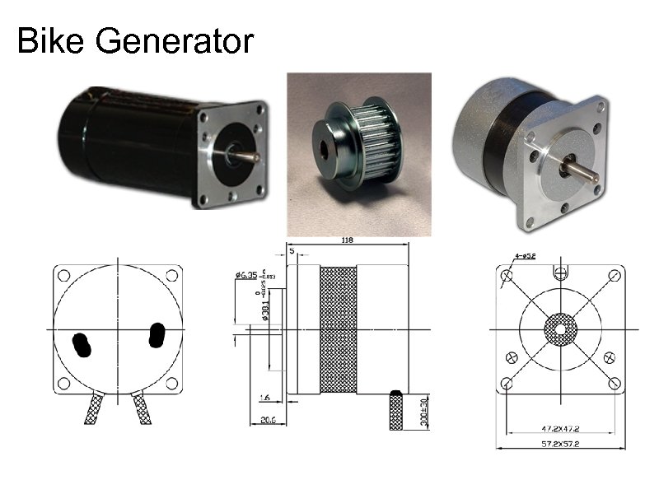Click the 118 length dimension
point(348,240)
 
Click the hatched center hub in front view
point(560,329)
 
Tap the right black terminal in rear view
point(154,335)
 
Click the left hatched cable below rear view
point(93,408)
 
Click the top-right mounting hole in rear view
point(172,276)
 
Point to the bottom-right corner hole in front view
point(614,384)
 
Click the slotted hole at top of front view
point(562,270)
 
